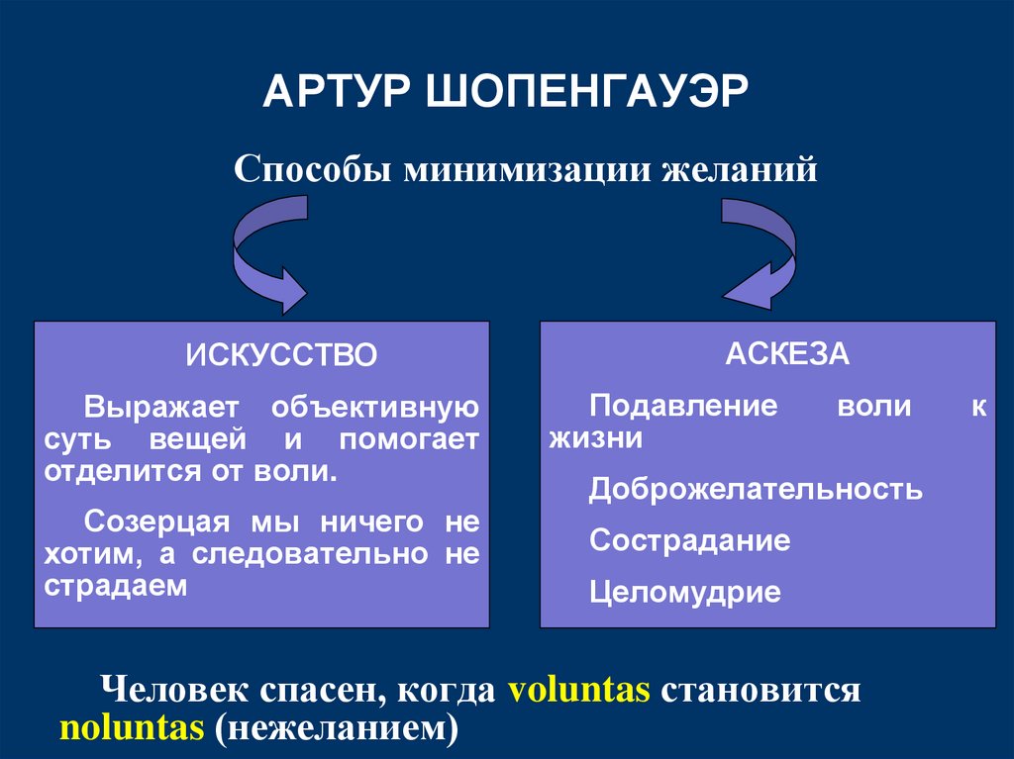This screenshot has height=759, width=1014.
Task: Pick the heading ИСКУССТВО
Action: click(281, 356)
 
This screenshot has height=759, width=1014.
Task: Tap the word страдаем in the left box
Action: click(115, 585)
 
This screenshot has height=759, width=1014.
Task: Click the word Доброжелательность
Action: click(756, 489)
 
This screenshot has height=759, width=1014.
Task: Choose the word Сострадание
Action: click(689, 540)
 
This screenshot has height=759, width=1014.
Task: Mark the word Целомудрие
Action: click(685, 593)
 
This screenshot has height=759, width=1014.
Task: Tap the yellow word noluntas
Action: click(131, 727)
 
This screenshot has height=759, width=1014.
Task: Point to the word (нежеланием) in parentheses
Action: click(333, 727)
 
